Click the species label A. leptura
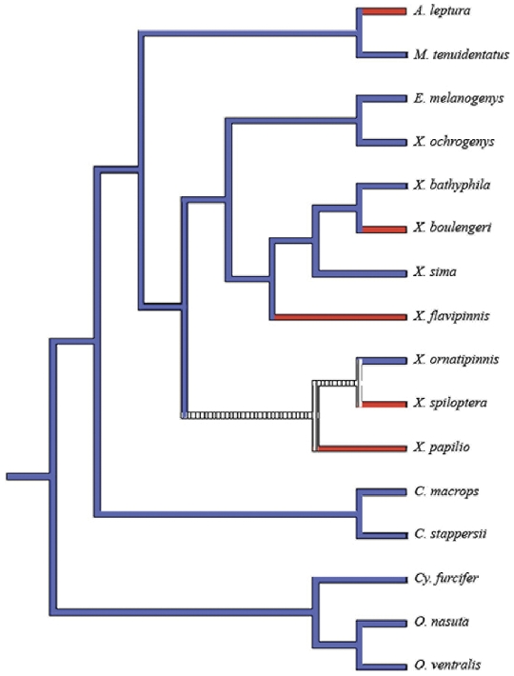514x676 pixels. click(x=442, y=11)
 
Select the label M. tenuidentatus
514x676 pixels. click(x=462, y=55)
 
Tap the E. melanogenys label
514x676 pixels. click(x=459, y=99)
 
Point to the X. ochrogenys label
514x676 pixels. click(x=454, y=142)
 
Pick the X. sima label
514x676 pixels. click(x=435, y=272)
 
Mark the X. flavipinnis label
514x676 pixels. click(x=451, y=316)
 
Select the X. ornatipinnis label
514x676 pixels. click(x=456, y=360)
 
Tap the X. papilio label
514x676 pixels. click(x=442, y=447)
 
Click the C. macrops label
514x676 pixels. click(x=446, y=491)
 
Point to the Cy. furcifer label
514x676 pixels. click(x=446, y=579)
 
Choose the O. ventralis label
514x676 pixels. click(x=447, y=666)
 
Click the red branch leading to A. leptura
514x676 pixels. click(x=385, y=11)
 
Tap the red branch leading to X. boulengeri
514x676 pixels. click(x=385, y=229)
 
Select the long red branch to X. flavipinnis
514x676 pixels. click(x=341, y=317)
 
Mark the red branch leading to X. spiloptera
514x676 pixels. click(x=385, y=404)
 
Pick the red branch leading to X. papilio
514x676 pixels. click(x=363, y=448)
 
